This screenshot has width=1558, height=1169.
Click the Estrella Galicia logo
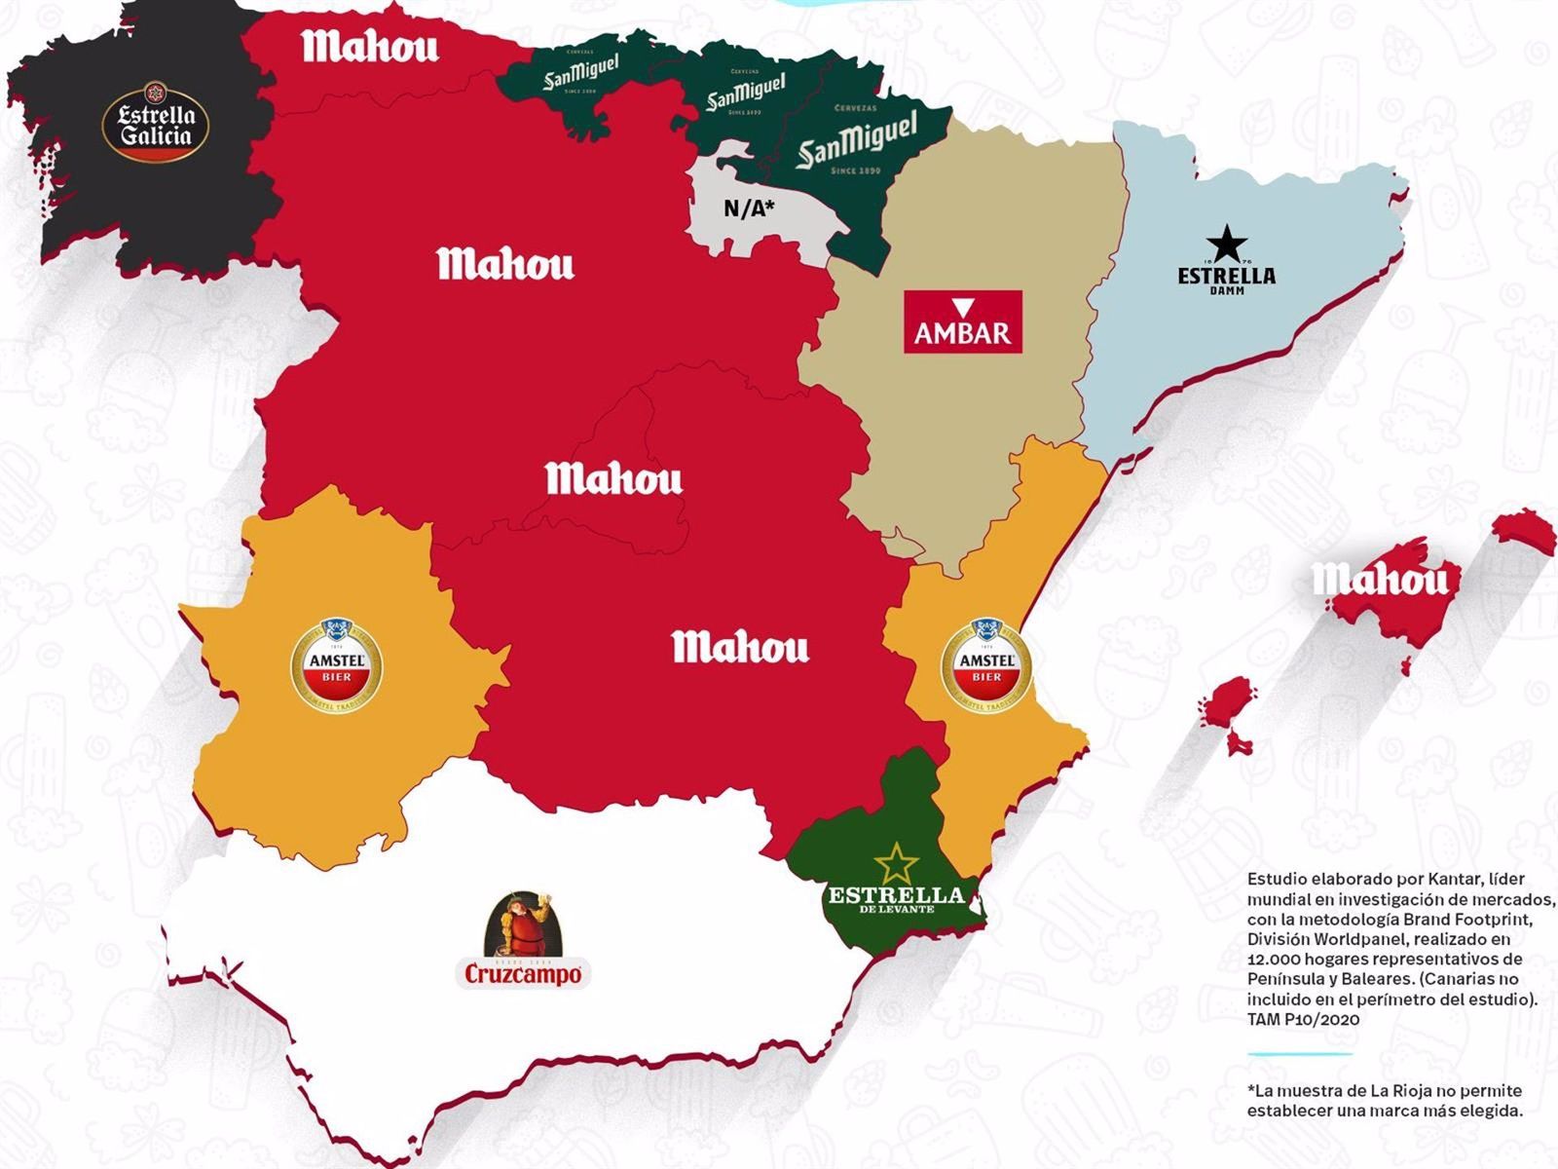(156, 122)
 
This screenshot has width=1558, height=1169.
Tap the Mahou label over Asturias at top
(370, 46)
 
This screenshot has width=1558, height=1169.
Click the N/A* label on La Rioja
(749, 207)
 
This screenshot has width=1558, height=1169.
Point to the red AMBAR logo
(962, 321)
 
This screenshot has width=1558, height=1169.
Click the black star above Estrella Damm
(1226, 244)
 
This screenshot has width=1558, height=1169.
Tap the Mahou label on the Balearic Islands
(1381, 580)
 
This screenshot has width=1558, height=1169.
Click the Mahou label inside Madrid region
(613, 478)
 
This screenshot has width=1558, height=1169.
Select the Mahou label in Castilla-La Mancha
(740, 647)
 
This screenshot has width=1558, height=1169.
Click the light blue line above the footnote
(1299, 1053)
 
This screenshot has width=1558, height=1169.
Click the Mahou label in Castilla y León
(504, 264)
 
